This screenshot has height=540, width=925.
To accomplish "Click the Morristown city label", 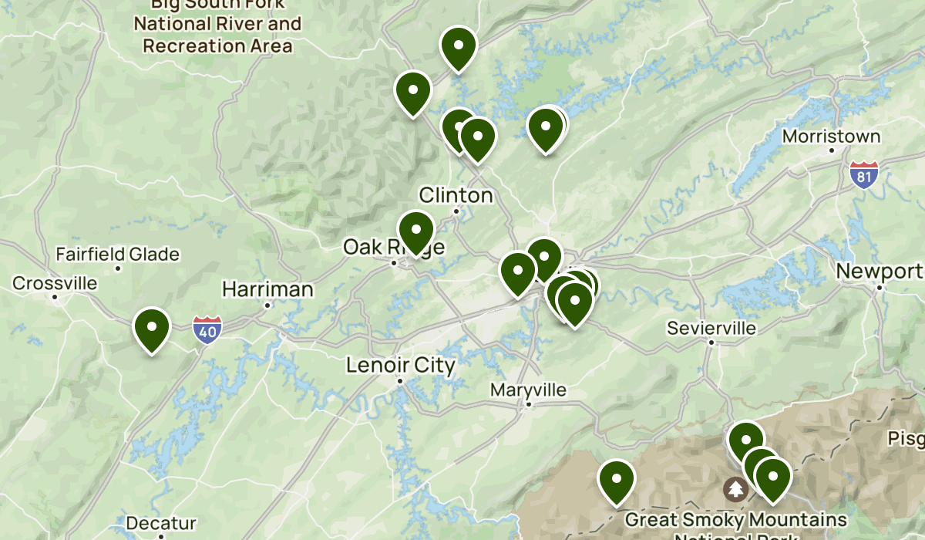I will pyautogui.click(x=830, y=137).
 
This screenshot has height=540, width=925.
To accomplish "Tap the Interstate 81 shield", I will pyautogui.click(x=864, y=174).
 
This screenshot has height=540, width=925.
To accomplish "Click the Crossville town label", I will pyautogui.click(x=55, y=283).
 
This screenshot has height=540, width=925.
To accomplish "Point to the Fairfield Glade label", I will pyautogui.click(x=117, y=255).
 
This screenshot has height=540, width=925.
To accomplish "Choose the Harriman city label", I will pyautogui.click(x=267, y=290).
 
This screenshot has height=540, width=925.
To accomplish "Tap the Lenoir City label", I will pyautogui.click(x=400, y=365).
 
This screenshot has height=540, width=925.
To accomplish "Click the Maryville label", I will pyautogui.click(x=528, y=390).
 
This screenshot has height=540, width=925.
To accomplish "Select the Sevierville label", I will pyautogui.click(x=711, y=329).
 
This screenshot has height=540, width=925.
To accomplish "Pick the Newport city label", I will pyautogui.click(x=879, y=272).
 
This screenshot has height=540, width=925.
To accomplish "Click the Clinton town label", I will pyautogui.click(x=456, y=195).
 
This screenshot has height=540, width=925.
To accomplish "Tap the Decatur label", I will pyautogui.click(x=161, y=523).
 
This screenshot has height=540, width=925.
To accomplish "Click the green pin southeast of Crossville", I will pyautogui.click(x=152, y=328).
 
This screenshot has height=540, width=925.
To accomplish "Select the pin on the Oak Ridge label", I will pyautogui.click(x=416, y=231).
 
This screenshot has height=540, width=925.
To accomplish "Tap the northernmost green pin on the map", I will pyautogui.click(x=458, y=46).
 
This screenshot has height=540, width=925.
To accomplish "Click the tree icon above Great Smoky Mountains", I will pyautogui.click(x=735, y=488).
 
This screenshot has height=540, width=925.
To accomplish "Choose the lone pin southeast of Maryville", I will pyautogui.click(x=617, y=480).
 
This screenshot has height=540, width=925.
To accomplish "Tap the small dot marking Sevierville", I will pyautogui.click(x=711, y=342).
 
